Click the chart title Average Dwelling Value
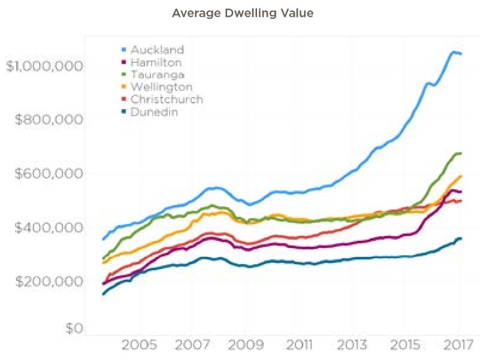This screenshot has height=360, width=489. (243, 13)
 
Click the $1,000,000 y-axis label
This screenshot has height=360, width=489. (44, 66)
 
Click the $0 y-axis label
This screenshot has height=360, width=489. (74, 328)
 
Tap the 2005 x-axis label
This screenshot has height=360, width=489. (139, 346)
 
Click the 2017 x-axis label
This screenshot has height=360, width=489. (458, 346)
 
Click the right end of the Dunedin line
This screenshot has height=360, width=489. (460, 238)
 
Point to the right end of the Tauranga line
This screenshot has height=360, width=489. (460, 153)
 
